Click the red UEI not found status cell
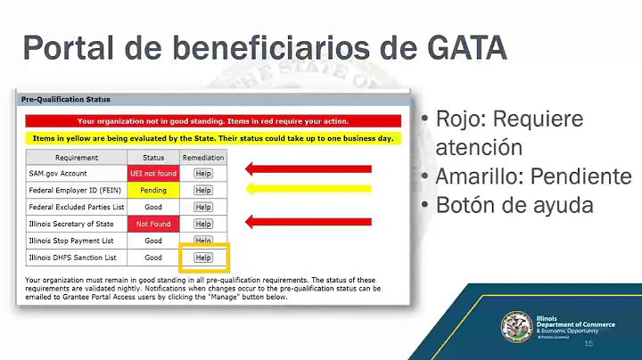tap(153, 173)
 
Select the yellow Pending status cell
tap(153, 190)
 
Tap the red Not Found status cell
tap(153, 224)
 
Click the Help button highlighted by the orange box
tap(203, 258)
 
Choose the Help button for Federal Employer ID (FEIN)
tap(203, 190)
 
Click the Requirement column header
tap(77, 157)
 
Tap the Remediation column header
tap(203, 157)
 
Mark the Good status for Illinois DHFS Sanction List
tap(153, 258)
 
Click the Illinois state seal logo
tap(517, 326)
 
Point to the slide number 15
tap(588, 344)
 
